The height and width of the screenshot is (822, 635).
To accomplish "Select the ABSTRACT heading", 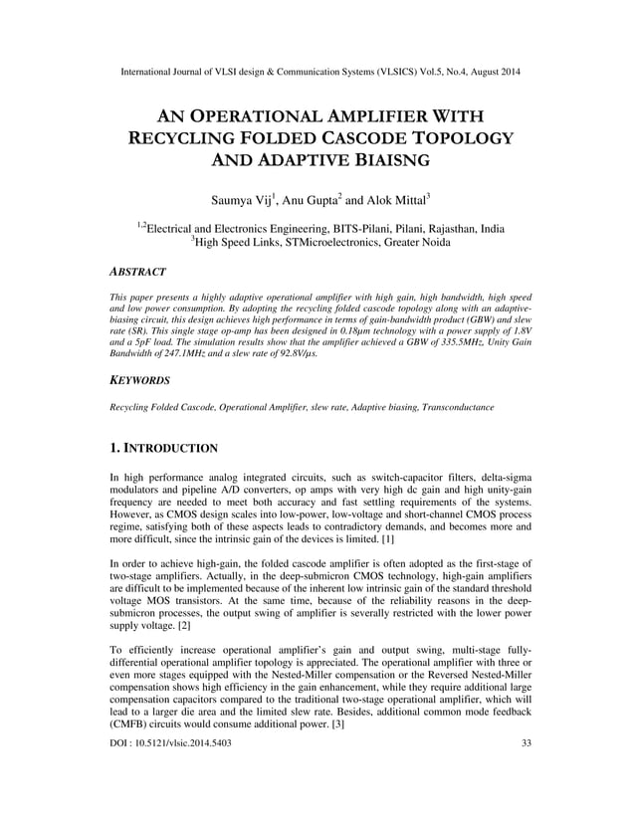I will tap(137, 271).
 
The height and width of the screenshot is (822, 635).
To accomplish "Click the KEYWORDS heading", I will tap(139, 380).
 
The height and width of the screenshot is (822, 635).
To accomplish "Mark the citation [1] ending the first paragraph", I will tap(388, 538).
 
